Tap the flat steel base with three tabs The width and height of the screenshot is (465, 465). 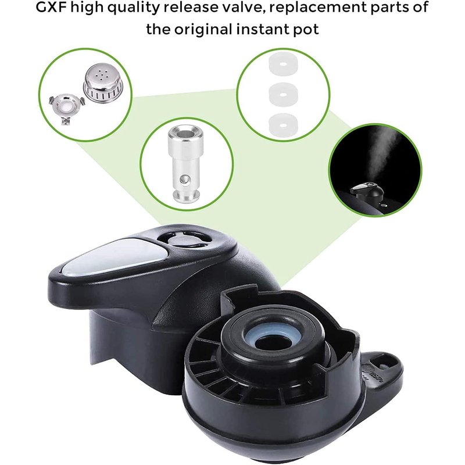click(67, 108)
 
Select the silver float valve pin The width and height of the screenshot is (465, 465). click(186, 163)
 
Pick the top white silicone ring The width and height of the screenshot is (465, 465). click(283, 64)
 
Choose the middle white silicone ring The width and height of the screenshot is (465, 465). click(283, 95)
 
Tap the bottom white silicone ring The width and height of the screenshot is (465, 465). click(283, 124)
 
